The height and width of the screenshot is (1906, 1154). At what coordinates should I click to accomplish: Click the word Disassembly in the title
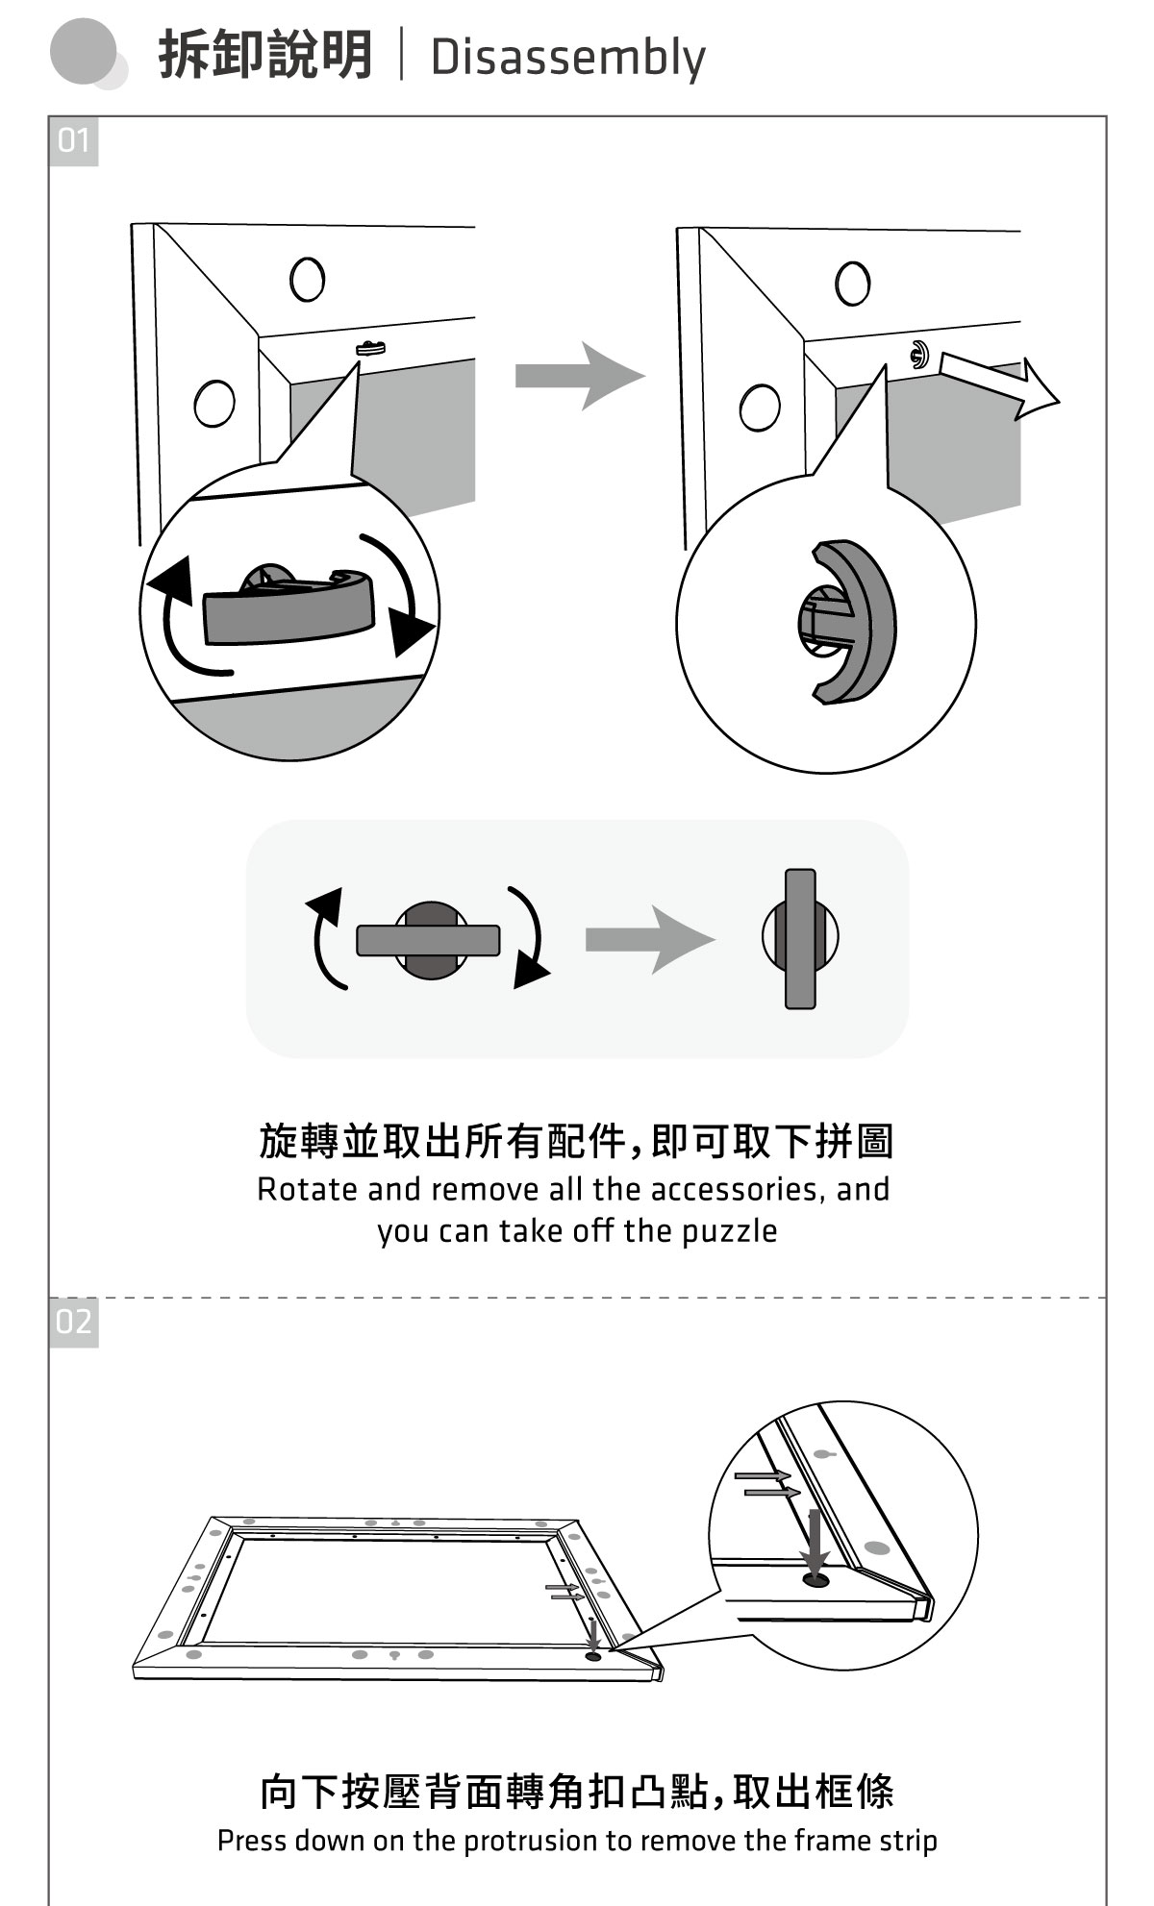[567, 58]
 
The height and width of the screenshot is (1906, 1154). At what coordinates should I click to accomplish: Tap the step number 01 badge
[73, 141]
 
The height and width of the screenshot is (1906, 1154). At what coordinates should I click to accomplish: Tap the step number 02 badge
[73, 1322]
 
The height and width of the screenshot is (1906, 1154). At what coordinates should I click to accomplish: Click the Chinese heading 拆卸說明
[265, 55]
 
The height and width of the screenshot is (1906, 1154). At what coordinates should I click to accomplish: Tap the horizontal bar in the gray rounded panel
[428, 940]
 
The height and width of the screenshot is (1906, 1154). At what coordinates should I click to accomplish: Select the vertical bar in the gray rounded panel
[800, 939]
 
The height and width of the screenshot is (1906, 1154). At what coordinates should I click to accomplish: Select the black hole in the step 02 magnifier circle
[815, 1580]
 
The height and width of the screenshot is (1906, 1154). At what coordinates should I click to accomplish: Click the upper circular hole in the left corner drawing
[307, 279]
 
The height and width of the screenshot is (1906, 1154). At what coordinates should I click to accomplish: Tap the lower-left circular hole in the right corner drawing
[760, 407]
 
